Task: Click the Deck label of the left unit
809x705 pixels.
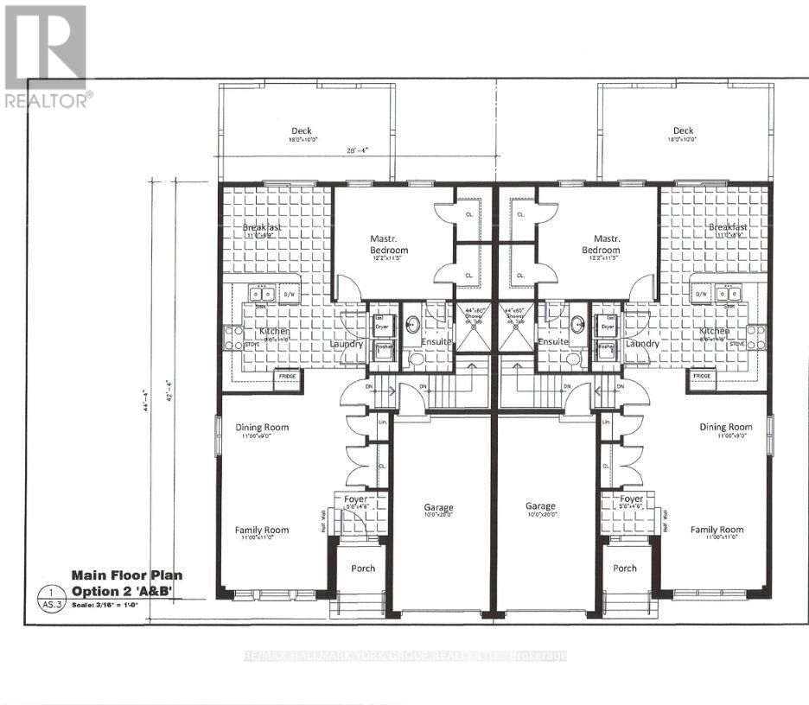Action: point(302,131)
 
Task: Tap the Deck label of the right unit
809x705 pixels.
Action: point(683,131)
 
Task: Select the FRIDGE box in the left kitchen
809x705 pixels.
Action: point(286,377)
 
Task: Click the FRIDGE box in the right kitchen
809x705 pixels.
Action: point(702,377)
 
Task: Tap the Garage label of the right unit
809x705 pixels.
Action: point(540,507)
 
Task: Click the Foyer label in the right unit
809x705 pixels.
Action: point(630,499)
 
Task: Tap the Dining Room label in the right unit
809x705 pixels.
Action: point(725,427)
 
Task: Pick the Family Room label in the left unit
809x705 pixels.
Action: point(262,530)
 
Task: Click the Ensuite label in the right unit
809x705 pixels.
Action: point(552,342)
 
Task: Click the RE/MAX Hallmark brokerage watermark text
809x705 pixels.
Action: point(404,657)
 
